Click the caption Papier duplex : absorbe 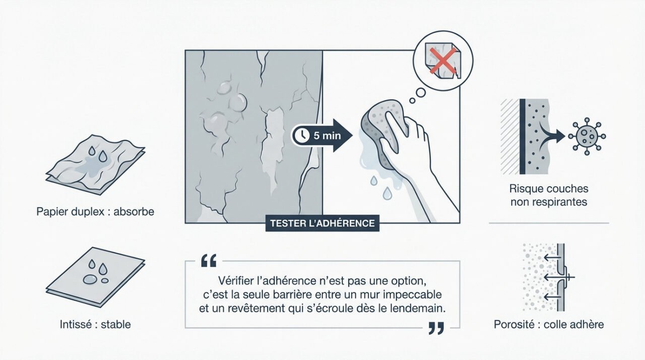click(x=95, y=212)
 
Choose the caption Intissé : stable click(x=95, y=324)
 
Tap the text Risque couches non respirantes click(x=549, y=196)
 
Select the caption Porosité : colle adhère click(x=549, y=324)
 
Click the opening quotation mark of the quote click(x=208, y=261)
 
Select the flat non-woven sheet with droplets click(x=95, y=276)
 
